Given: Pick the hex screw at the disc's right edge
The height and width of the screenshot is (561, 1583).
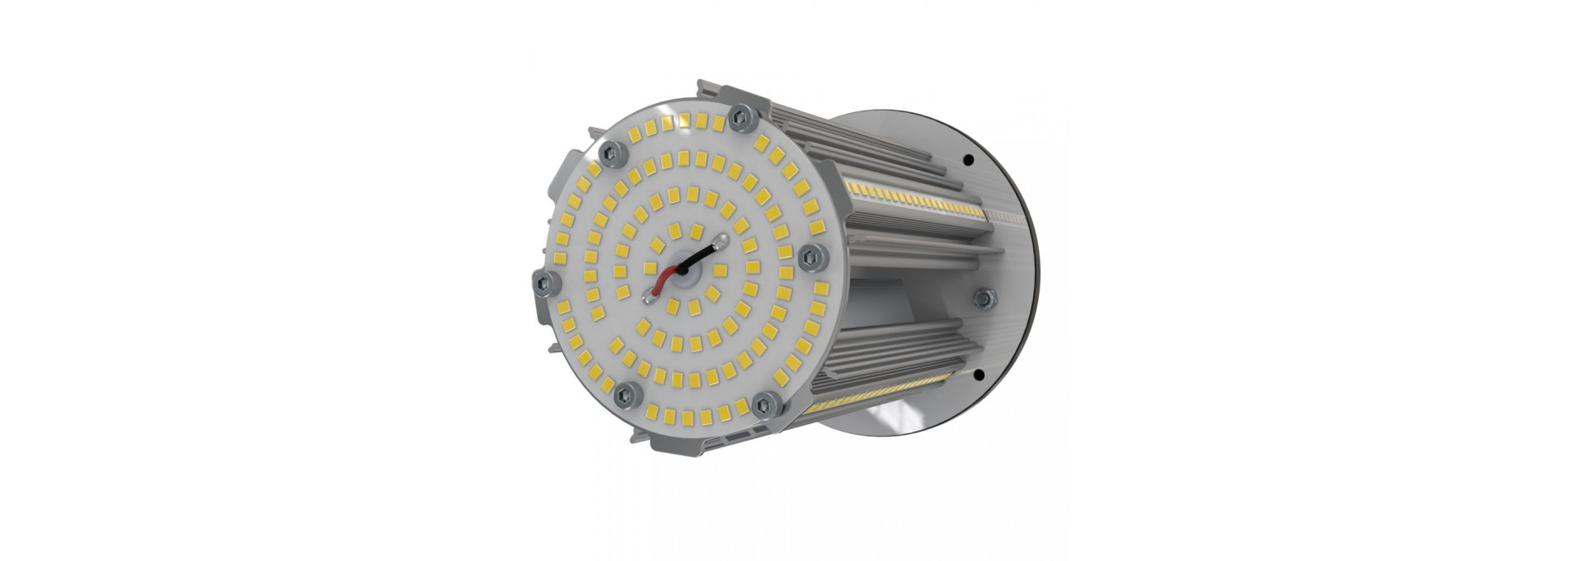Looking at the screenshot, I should point(811,257).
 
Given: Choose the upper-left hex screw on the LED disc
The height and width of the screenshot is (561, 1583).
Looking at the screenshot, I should point(613,150).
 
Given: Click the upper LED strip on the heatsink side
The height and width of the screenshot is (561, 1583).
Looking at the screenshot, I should point(915,202).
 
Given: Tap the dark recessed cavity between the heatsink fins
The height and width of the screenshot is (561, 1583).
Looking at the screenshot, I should point(890,297).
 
